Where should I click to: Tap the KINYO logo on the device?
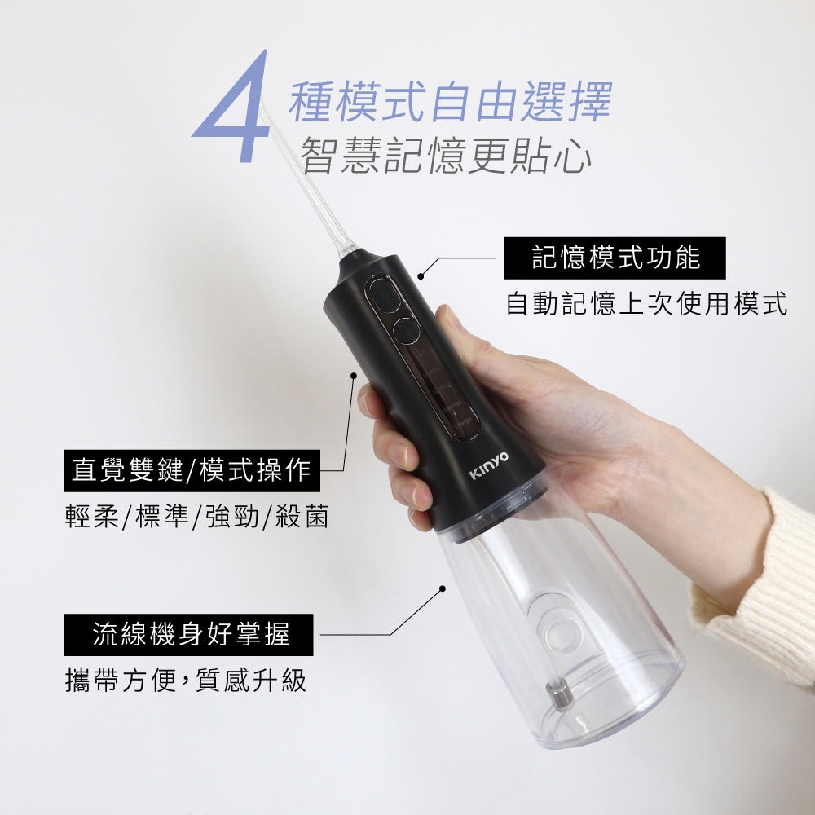coord(489,465)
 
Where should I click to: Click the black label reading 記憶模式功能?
coord(615,258)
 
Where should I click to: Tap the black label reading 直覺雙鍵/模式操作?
coord(192,470)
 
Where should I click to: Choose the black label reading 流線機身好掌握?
coord(189,634)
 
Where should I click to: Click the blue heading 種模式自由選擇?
coord(450,101)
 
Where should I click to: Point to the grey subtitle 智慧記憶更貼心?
coord(447,154)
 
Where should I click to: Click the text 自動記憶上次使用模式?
coord(646,303)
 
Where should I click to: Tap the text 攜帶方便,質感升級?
coord(186,680)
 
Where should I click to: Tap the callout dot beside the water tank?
coord(443,588)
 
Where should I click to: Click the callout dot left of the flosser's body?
coord(354,375)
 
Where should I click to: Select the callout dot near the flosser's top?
coord(421,276)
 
